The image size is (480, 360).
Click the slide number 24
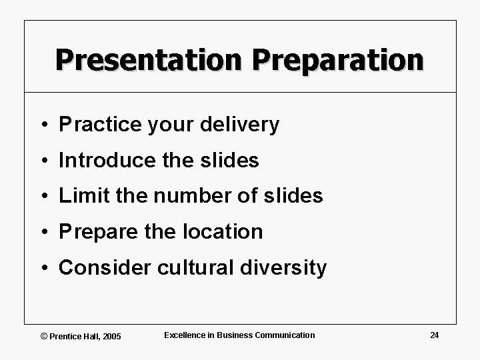[434, 335]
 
